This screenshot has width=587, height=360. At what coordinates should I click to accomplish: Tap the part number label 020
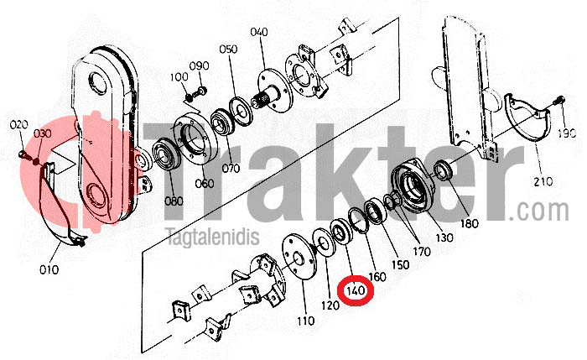tap(18, 125)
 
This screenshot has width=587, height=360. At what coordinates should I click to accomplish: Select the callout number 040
tap(259, 32)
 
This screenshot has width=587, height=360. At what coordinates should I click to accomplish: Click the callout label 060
tap(205, 184)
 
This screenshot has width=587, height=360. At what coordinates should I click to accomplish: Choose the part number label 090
tap(199, 66)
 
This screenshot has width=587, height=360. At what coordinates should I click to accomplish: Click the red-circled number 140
tap(356, 290)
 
